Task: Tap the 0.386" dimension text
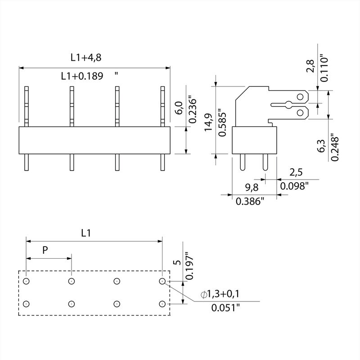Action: tap(250, 202)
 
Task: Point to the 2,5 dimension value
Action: tap(295, 172)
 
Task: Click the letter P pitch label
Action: tap(45, 251)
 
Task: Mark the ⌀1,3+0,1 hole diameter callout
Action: tap(220, 294)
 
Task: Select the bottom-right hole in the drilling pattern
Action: tap(162, 304)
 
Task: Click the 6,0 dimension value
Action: tap(178, 108)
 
